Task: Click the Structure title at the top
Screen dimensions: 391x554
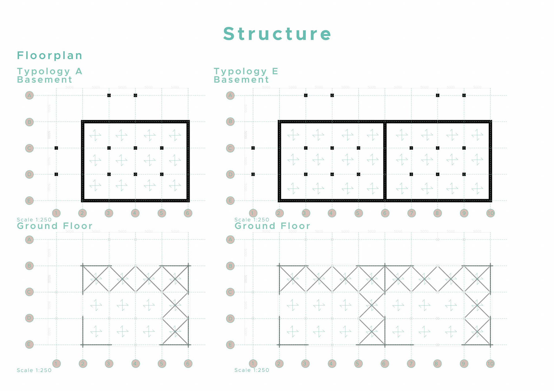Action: point(277,34)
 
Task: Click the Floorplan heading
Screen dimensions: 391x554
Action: point(50,55)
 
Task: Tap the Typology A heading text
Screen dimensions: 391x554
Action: point(50,71)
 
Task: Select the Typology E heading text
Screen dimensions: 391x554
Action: point(246,71)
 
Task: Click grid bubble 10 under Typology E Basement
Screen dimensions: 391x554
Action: point(491,213)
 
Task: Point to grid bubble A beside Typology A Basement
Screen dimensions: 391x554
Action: point(29,95)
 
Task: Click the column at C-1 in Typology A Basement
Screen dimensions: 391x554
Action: point(56,148)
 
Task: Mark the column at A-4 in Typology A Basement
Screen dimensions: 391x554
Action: point(135,95)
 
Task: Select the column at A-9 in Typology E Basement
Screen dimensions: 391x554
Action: point(464,95)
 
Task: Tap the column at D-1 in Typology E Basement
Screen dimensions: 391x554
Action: point(253,174)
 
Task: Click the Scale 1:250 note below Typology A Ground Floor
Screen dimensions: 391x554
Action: point(34,370)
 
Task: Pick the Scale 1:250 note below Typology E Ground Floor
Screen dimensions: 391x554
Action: point(252,370)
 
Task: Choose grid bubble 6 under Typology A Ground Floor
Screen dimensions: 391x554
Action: point(188,364)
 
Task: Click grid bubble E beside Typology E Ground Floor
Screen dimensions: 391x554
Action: point(230,345)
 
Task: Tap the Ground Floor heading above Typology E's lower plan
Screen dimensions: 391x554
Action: point(272,226)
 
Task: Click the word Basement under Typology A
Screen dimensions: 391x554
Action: point(44,80)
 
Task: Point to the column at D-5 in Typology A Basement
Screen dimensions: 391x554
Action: point(162,174)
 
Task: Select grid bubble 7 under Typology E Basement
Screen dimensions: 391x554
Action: point(411,213)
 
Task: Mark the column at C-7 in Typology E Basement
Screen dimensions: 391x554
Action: point(411,148)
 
